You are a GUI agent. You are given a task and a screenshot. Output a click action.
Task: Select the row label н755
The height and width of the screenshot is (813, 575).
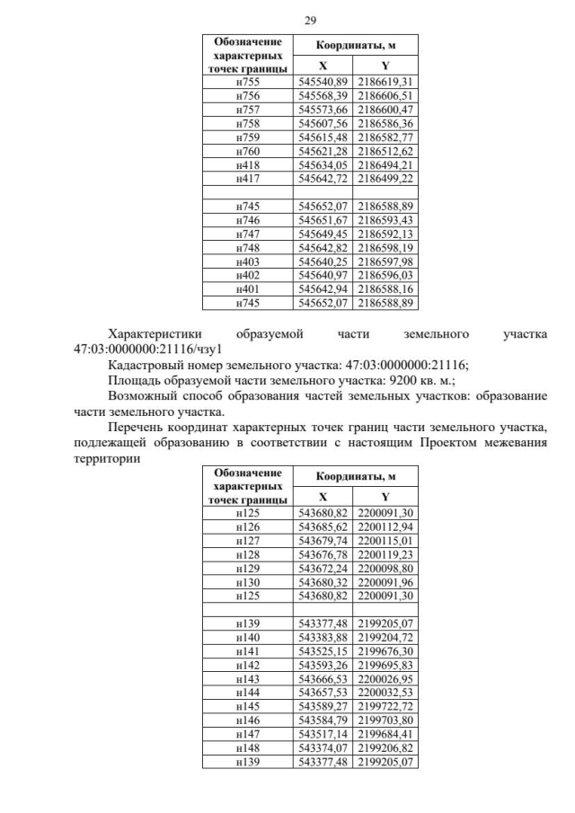pyautogui.click(x=247, y=82)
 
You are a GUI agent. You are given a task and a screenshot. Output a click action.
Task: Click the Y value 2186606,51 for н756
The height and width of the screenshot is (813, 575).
pyautogui.click(x=385, y=94)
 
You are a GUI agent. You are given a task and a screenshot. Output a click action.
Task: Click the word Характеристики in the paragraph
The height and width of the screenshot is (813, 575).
pyautogui.click(x=156, y=335)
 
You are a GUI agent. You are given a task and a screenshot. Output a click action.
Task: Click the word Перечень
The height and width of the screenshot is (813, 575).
pyautogui.click(x=136, y=427)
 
